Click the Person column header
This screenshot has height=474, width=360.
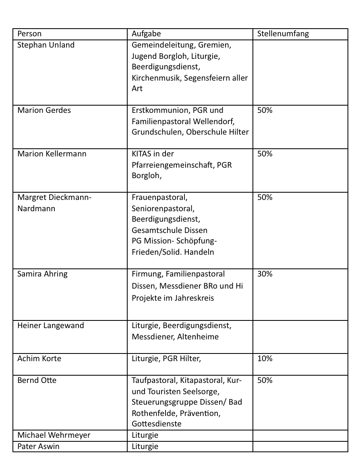(29, 34)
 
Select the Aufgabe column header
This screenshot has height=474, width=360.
(146, 34)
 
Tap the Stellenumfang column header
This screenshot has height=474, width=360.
(283, 34)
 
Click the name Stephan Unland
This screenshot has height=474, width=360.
(46, 45)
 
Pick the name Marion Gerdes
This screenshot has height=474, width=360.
(44, 110)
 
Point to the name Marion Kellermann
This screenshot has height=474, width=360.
(52, 154)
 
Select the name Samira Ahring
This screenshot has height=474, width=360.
(42, 274)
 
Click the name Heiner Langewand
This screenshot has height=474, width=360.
(50, 325)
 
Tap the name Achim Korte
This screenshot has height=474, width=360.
(39, 358)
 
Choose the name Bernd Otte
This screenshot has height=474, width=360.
(37, 380)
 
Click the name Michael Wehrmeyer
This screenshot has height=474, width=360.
(54, 435)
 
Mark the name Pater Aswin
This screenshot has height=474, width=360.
(38, 446)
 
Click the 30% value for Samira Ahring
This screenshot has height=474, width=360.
(265, 274)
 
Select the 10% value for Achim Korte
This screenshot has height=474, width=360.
(265, 358)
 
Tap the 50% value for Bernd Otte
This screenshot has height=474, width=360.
(265, 380)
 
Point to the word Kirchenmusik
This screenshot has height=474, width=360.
(156, 78)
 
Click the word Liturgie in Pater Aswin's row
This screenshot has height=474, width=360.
(145, 446)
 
